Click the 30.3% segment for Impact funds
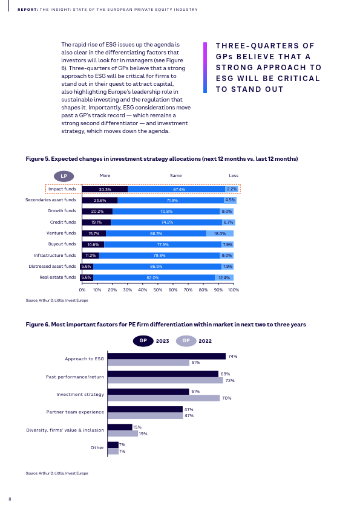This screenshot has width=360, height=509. tap(105, 189)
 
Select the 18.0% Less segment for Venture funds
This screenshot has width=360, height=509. tap(220, 233)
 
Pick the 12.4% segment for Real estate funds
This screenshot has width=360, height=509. tap(224, 277)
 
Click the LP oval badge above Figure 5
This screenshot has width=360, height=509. tap(64, 177)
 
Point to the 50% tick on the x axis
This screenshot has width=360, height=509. tap(157, 290)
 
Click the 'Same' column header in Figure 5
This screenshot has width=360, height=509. tap(176, 176)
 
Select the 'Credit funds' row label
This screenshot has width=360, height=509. tap(63, 222)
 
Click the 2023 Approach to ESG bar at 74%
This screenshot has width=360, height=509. tap(166, 356)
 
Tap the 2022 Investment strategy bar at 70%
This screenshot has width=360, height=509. tap(164, 398)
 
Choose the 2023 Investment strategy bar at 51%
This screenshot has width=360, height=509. tap(148, 392)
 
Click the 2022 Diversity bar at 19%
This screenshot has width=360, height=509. tap(123, 433)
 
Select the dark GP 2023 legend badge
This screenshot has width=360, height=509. tap(143, 341)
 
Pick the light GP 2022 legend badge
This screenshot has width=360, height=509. tap(186, 341)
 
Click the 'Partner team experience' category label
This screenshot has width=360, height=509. tap(75, 412)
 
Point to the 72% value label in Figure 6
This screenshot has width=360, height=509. tap(230, 380)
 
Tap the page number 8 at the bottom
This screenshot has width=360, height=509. tap(10, 499)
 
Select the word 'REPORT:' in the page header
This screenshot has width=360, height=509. tap(28, 10)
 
